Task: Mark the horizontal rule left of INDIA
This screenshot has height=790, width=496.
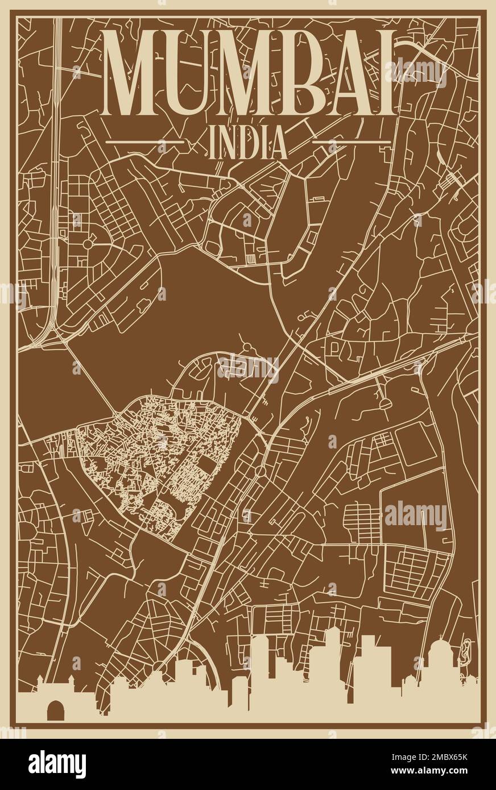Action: (x=145, y=140)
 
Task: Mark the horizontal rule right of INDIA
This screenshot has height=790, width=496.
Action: (x=351, y=140)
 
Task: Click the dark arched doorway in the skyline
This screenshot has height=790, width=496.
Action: (x=56, y=710)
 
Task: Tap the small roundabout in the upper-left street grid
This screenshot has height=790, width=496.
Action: (x=87, y=244)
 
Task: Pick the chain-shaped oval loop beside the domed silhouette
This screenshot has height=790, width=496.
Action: (x=468, y=652)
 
